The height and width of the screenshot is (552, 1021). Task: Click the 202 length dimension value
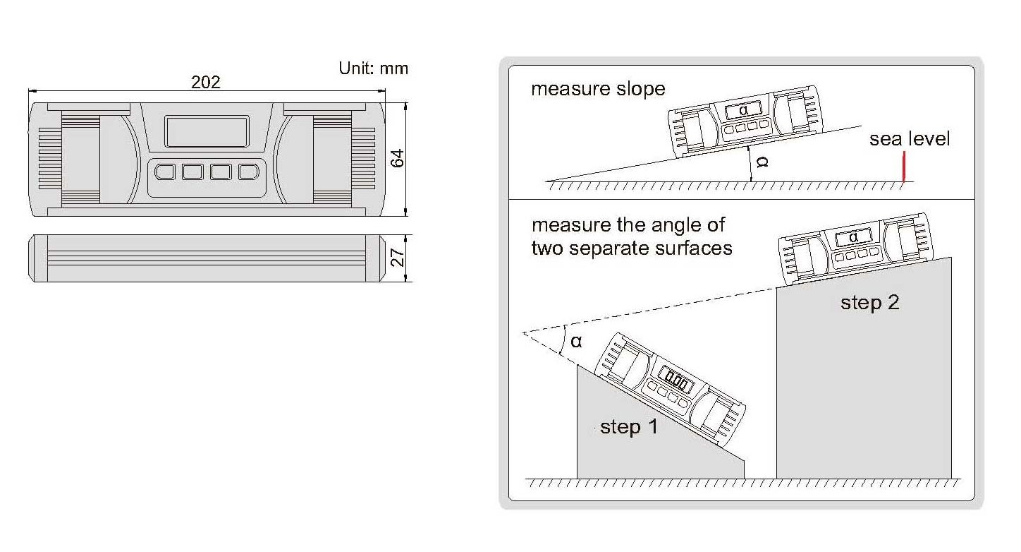click(206, 82)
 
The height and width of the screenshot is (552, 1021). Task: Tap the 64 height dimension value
click(398, 158)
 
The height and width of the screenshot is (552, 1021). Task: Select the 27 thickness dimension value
click(398, 258)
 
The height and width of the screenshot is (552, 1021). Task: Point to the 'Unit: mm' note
click(373, 68)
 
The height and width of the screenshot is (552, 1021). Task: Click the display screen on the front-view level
click(207, 131)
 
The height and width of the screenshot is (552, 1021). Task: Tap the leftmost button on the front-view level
click(164, 172)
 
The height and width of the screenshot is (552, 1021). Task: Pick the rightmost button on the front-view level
click(249, 172)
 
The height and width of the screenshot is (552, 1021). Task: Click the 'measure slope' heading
click(598, 89)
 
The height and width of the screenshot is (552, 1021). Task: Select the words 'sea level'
click(910, 139)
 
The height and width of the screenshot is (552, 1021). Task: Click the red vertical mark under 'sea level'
click(904, 167)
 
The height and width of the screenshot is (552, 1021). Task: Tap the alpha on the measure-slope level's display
click(744, 110)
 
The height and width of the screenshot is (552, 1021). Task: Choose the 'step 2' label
click(869, 303)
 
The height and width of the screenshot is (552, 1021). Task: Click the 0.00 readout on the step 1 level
click(676, 380)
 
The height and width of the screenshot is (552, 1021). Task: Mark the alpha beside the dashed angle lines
click(576, 342)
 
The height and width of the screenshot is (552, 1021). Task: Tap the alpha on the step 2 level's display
click(854, 237)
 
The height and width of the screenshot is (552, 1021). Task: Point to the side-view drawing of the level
click(207, 258)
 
